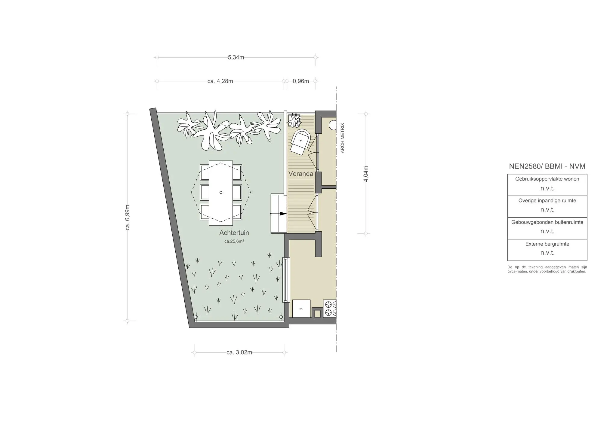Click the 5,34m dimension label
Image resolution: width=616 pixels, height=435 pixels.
click(236, 57)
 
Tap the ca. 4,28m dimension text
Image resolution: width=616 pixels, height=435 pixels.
click(220, 81)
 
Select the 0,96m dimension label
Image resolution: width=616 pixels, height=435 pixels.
click(301, 81)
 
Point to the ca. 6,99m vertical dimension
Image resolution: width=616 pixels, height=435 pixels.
click(128, 218)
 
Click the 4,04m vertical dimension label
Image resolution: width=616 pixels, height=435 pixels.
click(366, 174)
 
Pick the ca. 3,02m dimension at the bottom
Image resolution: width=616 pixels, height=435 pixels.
click(239, 352)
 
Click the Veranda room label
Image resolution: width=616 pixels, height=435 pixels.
click(301, 174)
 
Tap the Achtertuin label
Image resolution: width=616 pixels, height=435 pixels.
click(234, 233)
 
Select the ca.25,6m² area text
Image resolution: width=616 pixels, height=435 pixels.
click(234, 241)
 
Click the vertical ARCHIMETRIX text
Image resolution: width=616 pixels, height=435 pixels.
click(342, 138)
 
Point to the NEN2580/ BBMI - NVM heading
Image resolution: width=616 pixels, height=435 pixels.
click(547, 166)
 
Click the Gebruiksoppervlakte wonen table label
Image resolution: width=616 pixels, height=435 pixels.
click(547, 179)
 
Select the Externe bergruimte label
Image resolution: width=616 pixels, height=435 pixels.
click(547, 244)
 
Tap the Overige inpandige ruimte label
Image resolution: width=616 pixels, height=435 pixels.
click(547, 200)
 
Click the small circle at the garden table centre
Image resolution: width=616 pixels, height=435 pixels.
click(221, 192)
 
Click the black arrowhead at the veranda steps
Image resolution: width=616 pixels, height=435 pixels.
click(283, 214)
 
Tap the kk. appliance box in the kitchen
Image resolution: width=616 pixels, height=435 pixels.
click(301, 309)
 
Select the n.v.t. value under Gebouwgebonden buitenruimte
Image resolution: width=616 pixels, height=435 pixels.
click(547, 231)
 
